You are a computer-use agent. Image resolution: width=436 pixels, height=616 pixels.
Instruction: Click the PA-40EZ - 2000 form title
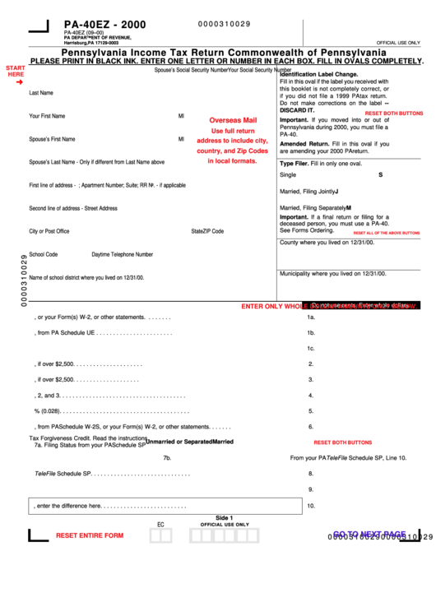click(x=104, y=25)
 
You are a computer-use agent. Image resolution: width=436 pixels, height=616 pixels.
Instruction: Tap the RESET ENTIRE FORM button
click(x=90, y=535)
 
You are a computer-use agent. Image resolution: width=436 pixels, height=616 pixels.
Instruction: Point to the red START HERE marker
click(x=16, y=72)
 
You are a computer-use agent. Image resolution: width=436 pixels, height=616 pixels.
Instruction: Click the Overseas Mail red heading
click(x=233, y=120)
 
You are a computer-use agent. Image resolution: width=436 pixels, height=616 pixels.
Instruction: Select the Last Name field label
click(x=41, y=93)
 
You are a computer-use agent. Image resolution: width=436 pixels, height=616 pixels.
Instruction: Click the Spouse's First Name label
click(x=52, y=139)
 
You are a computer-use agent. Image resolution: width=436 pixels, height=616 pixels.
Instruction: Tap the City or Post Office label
click(x=49, y=231)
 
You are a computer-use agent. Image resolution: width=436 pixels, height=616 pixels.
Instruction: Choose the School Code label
click(x=44, y=254)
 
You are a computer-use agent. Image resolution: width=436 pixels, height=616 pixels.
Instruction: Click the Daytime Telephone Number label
click(x=122, y=254)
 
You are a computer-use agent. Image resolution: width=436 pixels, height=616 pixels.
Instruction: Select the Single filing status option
click(x=288, y=175)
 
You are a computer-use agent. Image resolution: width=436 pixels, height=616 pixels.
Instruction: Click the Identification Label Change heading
click(x=318, y=75)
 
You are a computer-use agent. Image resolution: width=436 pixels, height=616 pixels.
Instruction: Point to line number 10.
click(x=311, y=506)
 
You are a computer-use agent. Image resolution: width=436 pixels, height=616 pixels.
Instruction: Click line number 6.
click(x=311, y=427)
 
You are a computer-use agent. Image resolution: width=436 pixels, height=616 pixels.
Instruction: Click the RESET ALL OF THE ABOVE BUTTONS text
click(x=386, y=233)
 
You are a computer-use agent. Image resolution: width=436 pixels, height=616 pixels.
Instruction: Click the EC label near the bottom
click(x=160, y=524)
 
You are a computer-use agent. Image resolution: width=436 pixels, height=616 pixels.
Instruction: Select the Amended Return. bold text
click(x=305, y=143)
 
